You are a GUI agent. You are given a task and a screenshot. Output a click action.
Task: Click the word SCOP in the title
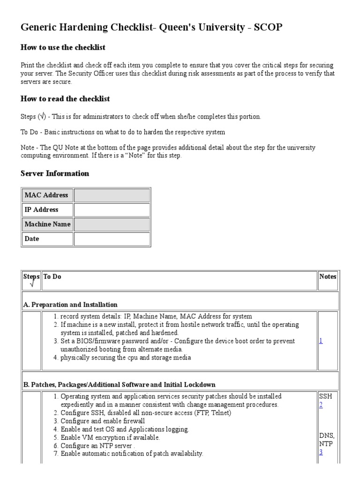268,28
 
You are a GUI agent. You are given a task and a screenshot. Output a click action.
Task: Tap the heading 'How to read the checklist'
65,99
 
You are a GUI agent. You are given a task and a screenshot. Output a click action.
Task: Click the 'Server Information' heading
55,173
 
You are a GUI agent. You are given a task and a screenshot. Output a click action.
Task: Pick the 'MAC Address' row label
46,195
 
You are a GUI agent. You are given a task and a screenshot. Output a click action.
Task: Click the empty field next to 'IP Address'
112,210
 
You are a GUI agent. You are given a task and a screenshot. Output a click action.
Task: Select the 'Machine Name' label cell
47,225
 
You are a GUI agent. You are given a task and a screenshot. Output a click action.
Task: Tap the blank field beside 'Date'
112,239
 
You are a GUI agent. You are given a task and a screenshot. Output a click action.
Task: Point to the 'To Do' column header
52,277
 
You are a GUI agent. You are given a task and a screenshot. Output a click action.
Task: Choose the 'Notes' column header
328,277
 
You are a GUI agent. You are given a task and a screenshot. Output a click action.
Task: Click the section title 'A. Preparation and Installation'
70,305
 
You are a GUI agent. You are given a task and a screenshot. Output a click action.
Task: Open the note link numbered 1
321,341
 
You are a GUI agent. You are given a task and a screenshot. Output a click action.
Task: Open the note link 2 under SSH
321,405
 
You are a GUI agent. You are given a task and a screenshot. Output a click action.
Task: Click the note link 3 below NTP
321,452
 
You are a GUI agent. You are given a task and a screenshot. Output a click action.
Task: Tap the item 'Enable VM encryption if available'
110,437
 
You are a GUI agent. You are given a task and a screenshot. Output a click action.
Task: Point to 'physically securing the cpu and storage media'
126,358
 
